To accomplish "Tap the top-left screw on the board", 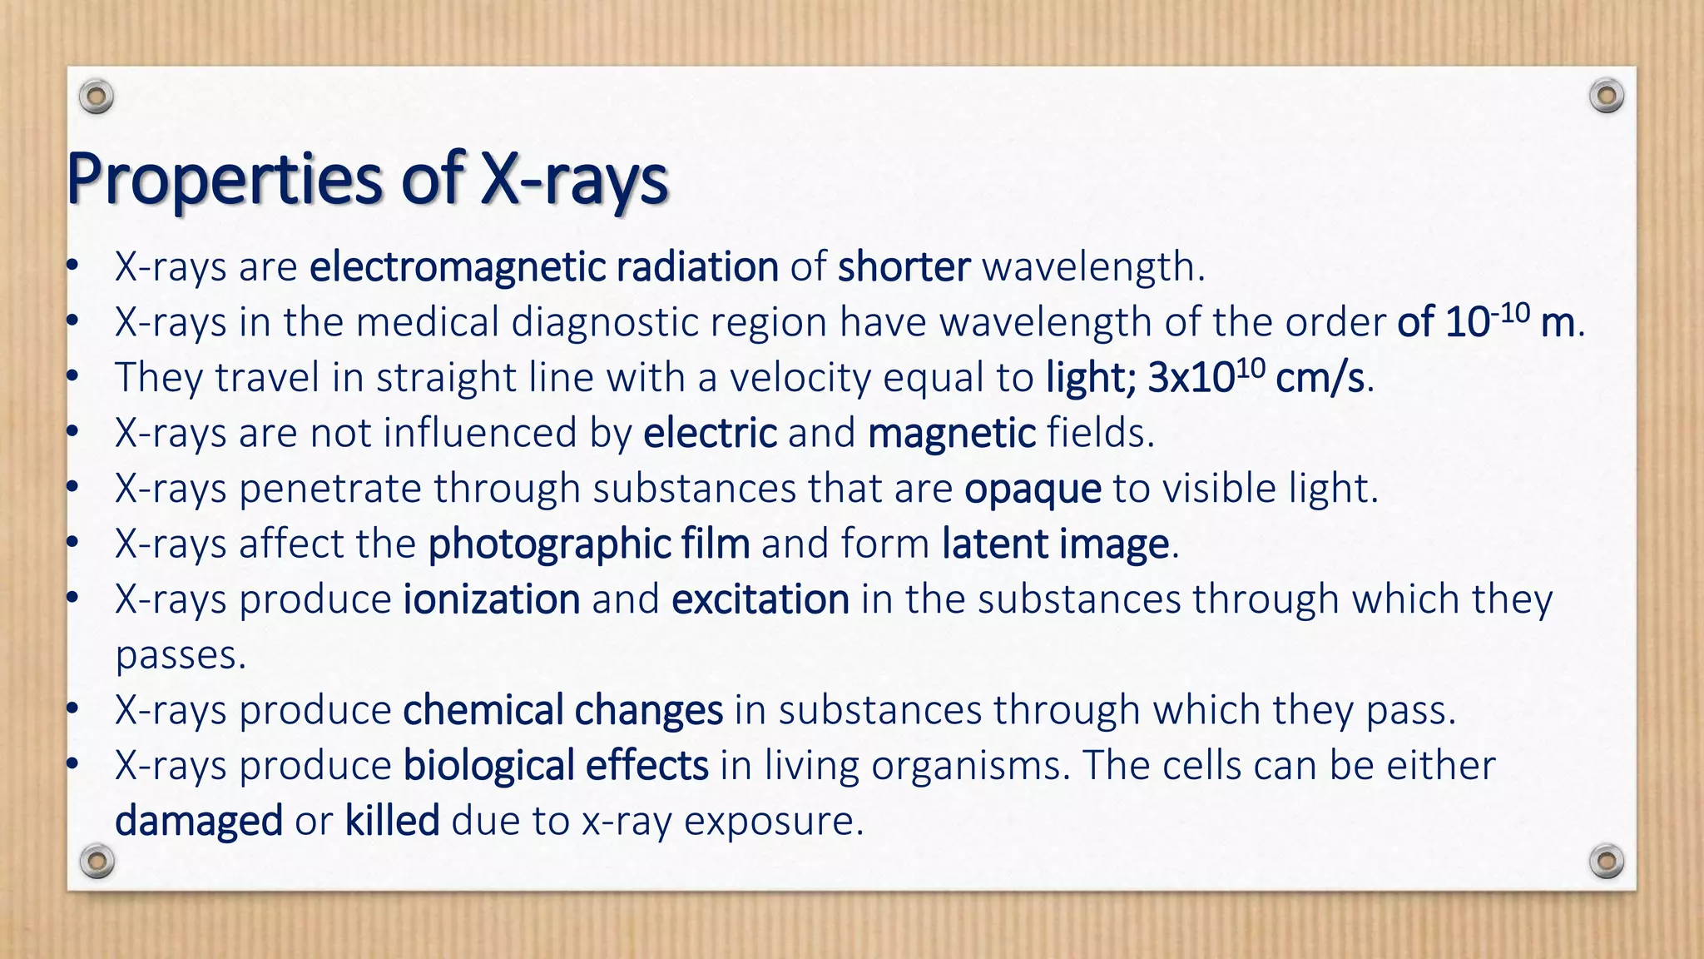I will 97,97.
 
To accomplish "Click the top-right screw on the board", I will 1606,97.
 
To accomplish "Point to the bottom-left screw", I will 97,860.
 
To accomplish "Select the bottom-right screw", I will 1606,860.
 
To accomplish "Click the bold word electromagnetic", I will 457,267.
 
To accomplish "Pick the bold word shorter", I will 904,267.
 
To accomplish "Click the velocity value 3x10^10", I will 1206,377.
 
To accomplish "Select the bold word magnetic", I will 951,433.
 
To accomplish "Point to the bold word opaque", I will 1033,489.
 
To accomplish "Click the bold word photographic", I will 549,544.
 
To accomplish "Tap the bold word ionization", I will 492,599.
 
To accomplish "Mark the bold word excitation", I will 760,599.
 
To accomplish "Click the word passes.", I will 180,655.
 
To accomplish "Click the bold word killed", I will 392,821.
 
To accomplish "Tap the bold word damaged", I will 199,822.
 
